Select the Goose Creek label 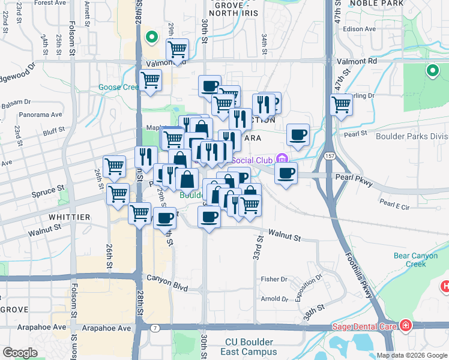coord(119,87)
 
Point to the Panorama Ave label coord(40,115)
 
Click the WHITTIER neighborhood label coord(71,217)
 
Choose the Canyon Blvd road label coord(164,280)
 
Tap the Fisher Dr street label coord(274,280)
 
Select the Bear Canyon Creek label coord(416,260)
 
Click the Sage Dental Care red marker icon coord(406,326)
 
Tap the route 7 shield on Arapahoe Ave coord(155,328)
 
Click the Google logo coord(20,353)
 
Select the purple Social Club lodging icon coord(282,160)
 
